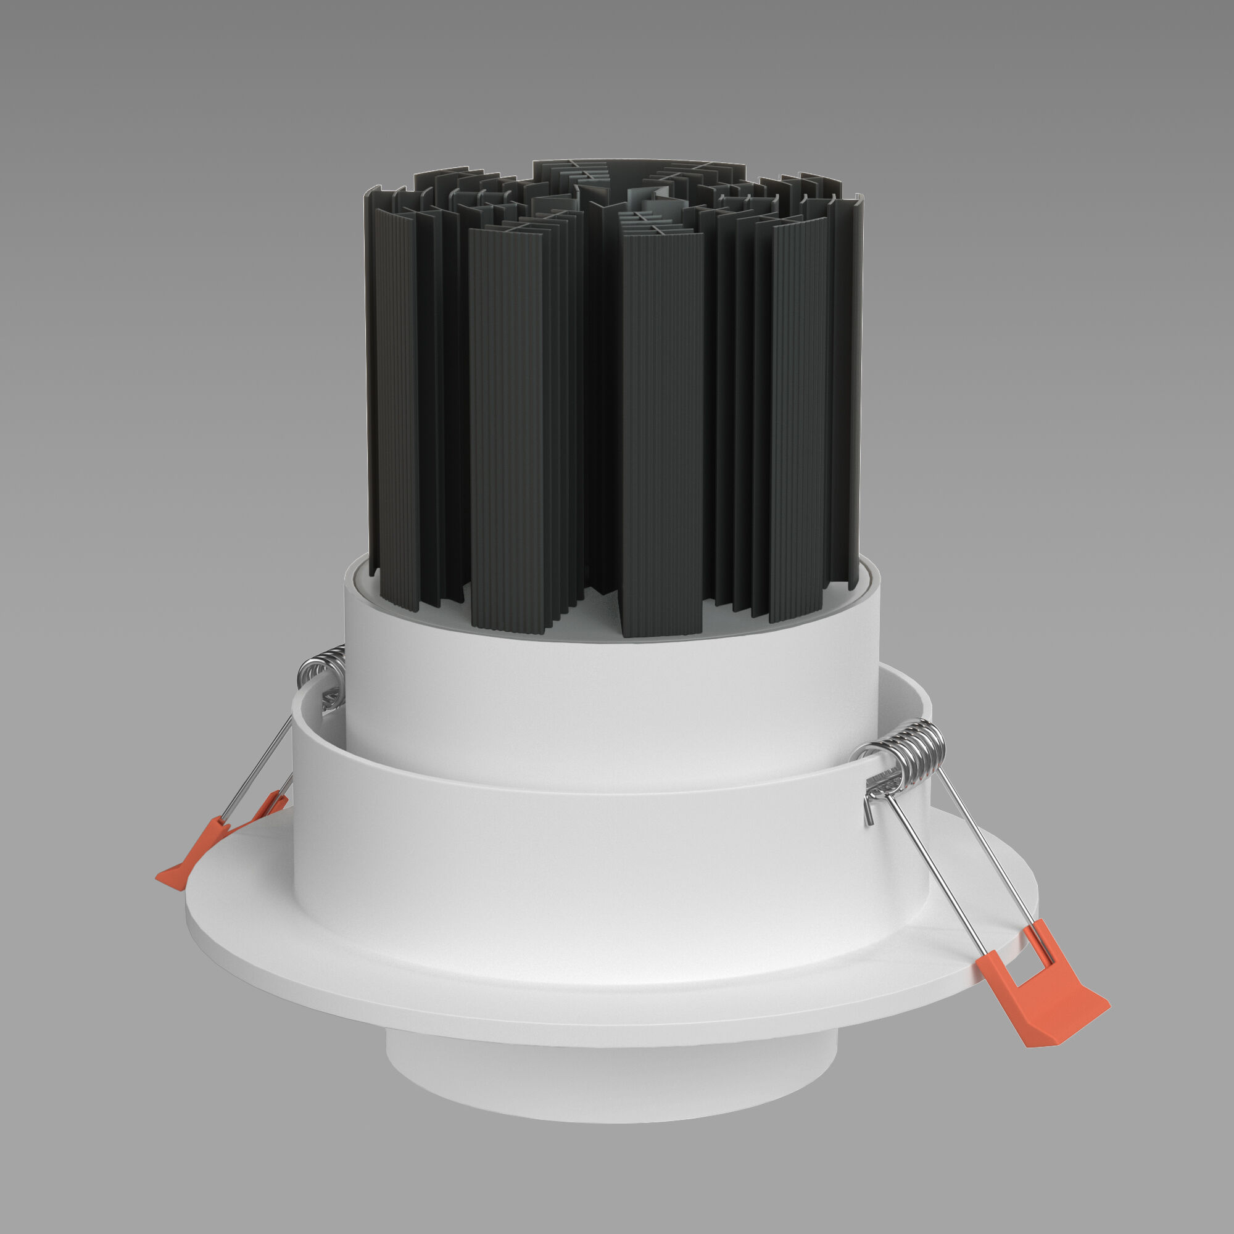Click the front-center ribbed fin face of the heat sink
[661, 434]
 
